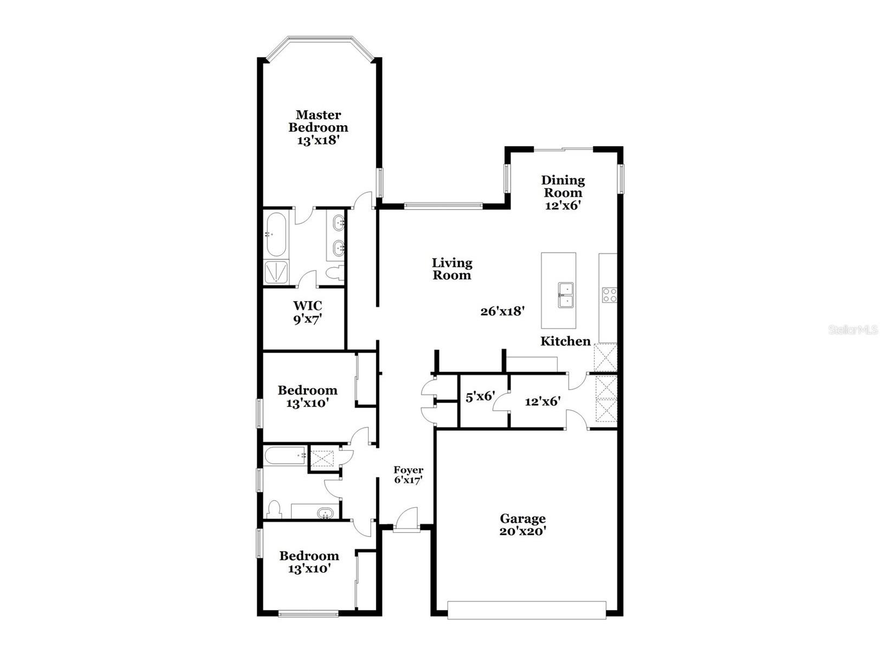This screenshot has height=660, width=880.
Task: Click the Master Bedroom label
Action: pos(318,121)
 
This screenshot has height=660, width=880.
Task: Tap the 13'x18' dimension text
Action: pos(318,140)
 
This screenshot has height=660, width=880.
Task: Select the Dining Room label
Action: pos(563,186)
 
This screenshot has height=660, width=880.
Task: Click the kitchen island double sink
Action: pos(564,295)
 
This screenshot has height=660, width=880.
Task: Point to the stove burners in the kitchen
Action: pos(609,294)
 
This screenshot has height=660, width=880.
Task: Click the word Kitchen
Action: pos(565,341)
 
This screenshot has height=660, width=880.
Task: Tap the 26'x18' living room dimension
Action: pos(503,312)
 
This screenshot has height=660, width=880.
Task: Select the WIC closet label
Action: pos(307,306)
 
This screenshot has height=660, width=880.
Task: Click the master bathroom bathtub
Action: pos(276,235)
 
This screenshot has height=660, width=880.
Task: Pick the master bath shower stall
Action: pos(276,273)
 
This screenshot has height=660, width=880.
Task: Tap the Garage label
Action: pos(522,519)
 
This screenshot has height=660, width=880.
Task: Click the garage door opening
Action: pos(526,610)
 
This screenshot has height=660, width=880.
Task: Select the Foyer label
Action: pos(408,470)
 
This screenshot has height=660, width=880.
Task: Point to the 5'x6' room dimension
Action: pos(480,397)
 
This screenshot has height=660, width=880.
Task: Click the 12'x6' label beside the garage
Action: pos(542,402)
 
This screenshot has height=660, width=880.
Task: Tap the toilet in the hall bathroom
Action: pos(274,509)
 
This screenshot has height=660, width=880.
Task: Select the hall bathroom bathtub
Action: pos(285,456)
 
